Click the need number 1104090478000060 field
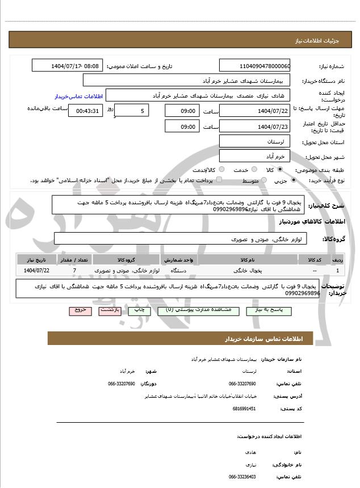[254, 66]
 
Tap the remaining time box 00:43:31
[85, 111]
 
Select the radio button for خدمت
[253, 170]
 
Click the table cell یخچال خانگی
[248, 271]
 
